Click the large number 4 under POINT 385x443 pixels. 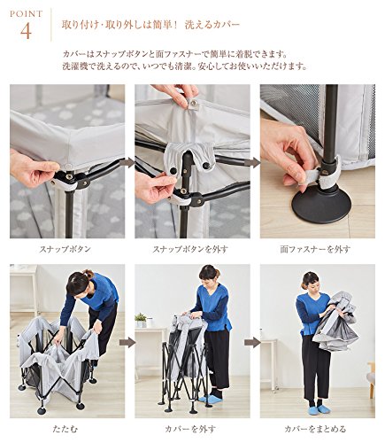pyautogui.click(x=26, y=32)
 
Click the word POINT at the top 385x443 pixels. pyautogui.click(x=27, y=14)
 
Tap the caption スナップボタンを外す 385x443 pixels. pyautogui.click(x=190, y=249)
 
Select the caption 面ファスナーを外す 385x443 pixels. pyautogui.click(x=315, y=249)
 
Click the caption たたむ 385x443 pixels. pyautogui.click(x=65, y=428)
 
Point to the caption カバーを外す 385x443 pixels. pyautogui.click(x=190, y=428)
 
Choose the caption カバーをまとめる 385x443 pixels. pyautogui.click(x=315, y=428)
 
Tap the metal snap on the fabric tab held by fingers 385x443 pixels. pyautogui.click(x=194, y=103)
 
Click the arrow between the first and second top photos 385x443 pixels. pyautogui.click(x=130, y=163)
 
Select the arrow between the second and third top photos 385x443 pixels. pyautogui.click(x=255, y=163)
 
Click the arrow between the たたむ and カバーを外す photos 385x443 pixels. pyautogui.click(x=127, y=343)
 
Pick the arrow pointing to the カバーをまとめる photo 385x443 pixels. pyautogui.click(x=252, y=343)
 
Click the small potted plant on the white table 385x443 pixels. pyautogui.click(x=141, y=320)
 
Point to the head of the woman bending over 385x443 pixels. pyautogui.click(x=79, y=284)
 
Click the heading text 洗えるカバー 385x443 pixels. pyautogui.click(x=212, y=25)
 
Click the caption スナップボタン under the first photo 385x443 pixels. pyautogui.click(x=65, y=249)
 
